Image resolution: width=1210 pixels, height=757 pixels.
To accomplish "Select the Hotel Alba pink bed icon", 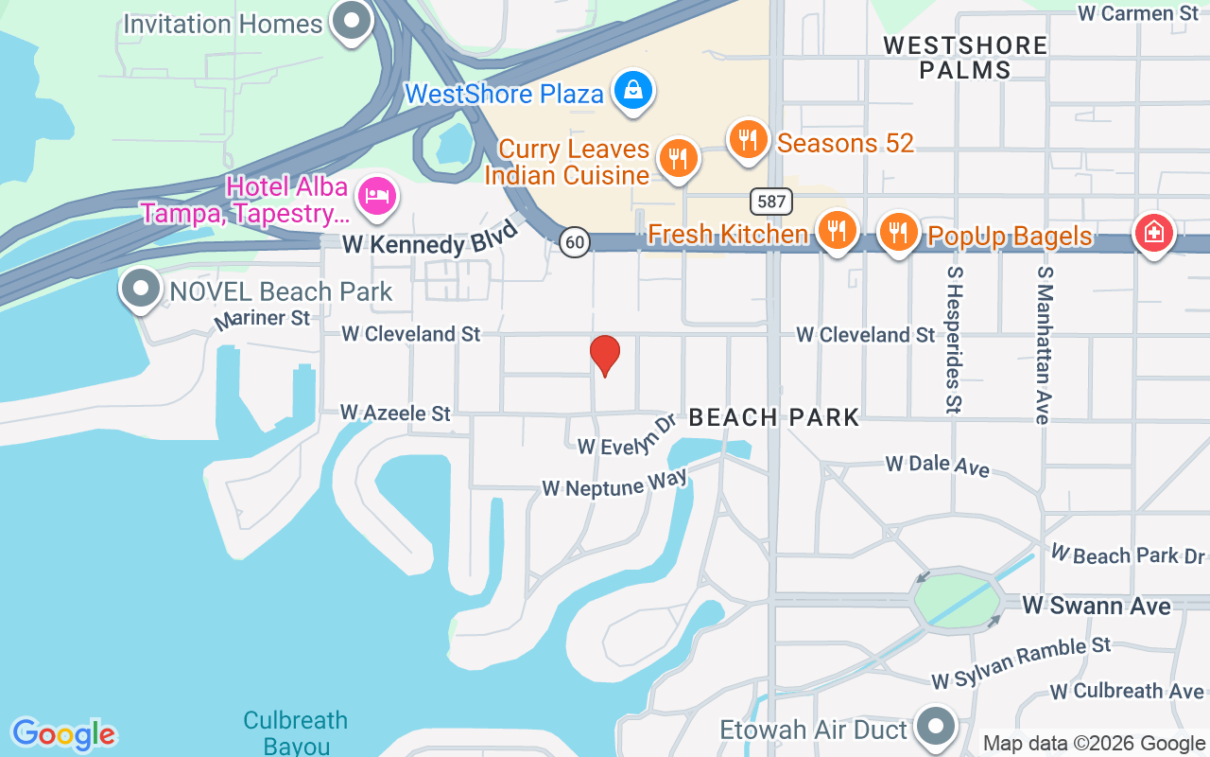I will point(377,196).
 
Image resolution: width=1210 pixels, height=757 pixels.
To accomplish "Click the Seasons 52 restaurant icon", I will point(748,140).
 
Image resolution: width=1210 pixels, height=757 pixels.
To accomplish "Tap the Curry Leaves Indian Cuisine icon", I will point(677,158).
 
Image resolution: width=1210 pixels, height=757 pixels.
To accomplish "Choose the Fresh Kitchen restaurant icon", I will point(836,230).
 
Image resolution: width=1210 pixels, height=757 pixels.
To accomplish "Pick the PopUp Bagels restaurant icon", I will point(898,231).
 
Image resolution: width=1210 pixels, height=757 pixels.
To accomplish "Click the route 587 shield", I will point(770,201).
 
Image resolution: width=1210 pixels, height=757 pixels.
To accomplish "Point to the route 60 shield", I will point(573,242).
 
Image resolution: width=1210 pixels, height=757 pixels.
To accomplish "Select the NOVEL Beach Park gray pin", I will point(142,290).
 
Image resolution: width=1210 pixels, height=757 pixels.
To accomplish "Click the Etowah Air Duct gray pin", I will point(937,727).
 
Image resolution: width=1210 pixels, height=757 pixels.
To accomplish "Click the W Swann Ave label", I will point(1098,605).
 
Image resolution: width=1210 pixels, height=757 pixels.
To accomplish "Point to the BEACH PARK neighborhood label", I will point(774,417).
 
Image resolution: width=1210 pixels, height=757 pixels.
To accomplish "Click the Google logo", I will point(63,734).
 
